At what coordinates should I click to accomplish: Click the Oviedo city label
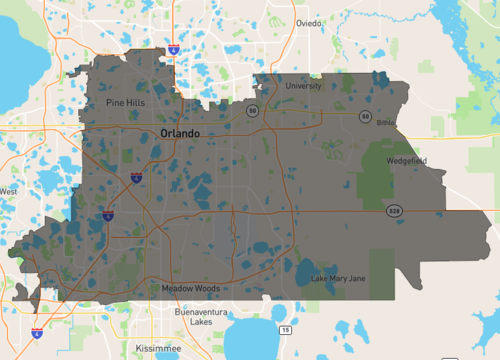[311, 22]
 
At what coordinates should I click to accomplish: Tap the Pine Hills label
[128, 102]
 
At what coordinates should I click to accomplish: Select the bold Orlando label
[180, 133]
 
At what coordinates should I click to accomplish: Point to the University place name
[303, 86]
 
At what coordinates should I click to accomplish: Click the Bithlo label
[386, 122]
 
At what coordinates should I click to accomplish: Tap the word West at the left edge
[8, 191]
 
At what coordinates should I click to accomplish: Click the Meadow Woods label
[190, 289]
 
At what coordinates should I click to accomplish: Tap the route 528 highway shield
[396, 211]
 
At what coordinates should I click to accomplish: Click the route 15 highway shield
[285, 329]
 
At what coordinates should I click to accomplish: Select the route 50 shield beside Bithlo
[367, 116]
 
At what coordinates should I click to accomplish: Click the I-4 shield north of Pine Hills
[174, 47]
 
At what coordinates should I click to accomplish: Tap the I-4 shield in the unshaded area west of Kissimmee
[37, 333]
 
